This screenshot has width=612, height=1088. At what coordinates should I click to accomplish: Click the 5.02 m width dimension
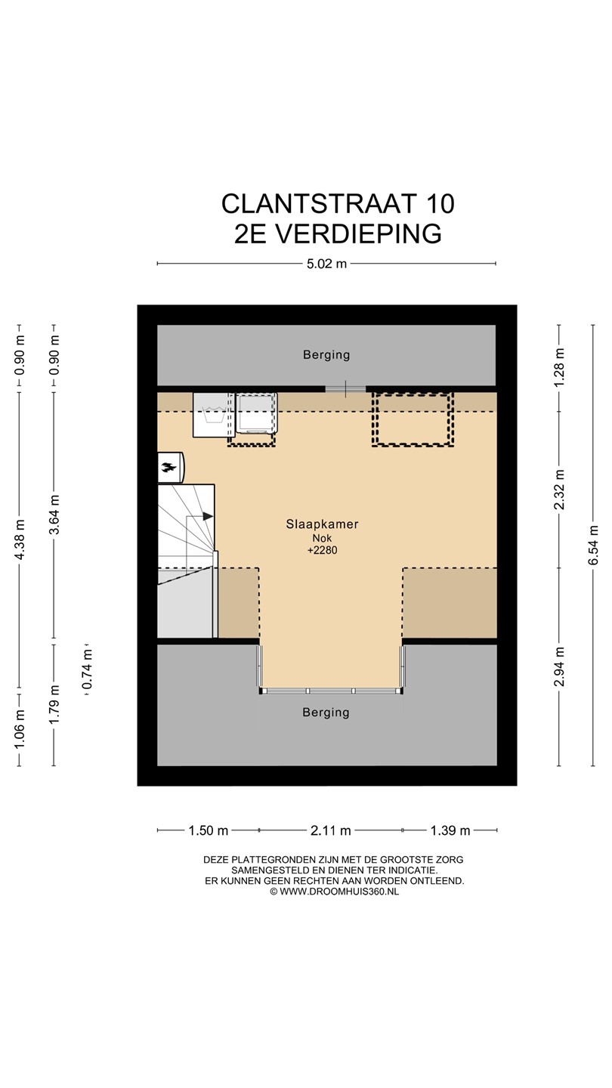pyautogui.click(x=326, y=264)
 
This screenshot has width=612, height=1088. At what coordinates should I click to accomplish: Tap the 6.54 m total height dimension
pyautogui.click(x=592, y=545)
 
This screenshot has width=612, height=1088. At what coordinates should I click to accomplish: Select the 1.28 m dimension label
pyautogui.click(x=559, y=367)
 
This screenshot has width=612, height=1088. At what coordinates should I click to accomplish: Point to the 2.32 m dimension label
pyautogui.click(x=559, y=489)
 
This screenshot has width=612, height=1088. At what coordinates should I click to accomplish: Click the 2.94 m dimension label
pyautogui.click(x=559, y=666)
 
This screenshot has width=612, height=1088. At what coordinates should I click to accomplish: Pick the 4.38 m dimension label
pyautogui.click(x=20, y=539)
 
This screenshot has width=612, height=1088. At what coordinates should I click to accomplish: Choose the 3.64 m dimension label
pyautogui.click(x=54, y=515)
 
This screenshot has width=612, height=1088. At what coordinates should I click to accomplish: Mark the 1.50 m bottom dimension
pyautogui.click(x=209, y=830)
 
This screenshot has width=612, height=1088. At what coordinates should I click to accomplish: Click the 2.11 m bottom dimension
pyautogui.click(x=331, y=830)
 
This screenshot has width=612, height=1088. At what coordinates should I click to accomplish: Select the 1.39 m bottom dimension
pyautogui.click(x=450, y=830)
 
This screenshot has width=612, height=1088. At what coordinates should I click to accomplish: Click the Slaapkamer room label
pyautogui.click(x=322, y=524)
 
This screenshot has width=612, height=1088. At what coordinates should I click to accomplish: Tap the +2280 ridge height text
pyautogui.click(x=322, y=550)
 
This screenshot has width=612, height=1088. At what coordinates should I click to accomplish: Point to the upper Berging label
pyautogui.click(x=326, y=355)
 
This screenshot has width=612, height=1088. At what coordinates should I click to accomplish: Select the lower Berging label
pyautogui.click(x=326, y=712)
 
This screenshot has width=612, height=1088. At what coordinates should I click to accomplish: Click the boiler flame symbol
pyautogui.click(x=169, y=468)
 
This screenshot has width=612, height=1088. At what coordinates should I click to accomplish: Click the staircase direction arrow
pyautogui.click(x=208, y=516)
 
